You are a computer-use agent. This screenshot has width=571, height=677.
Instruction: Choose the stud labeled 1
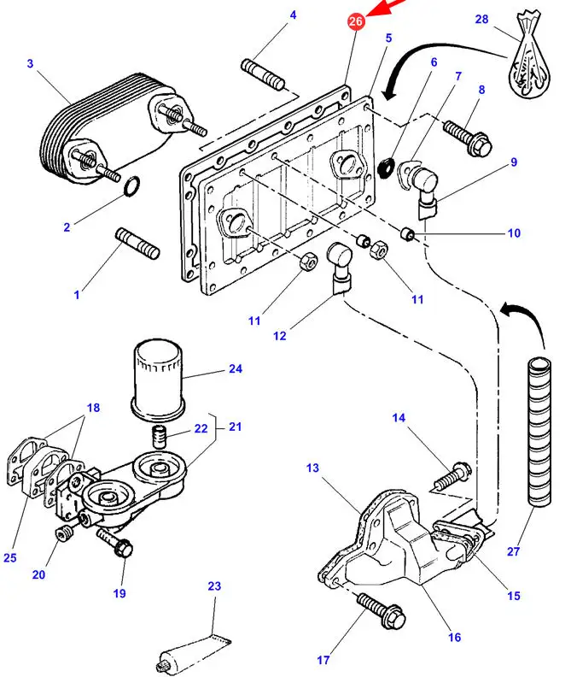point(136,242)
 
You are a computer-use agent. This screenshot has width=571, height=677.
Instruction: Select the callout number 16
point(454,637)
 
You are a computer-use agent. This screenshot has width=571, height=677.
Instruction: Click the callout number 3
point(30,63)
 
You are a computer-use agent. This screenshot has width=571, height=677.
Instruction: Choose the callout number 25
point(10,558)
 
